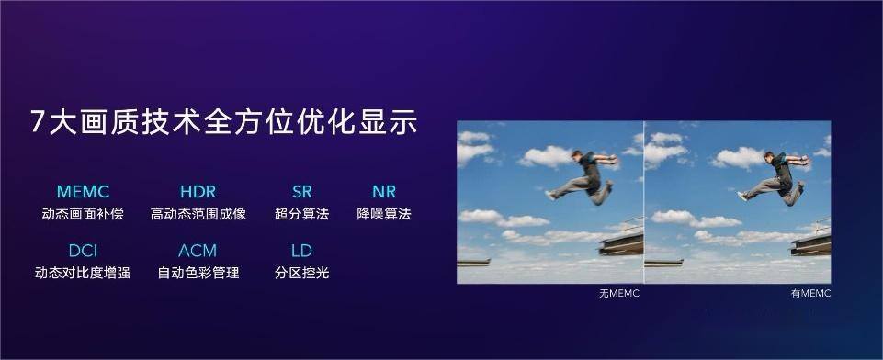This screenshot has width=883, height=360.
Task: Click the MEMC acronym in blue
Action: click(83, 192)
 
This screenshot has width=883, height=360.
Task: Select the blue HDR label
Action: click(198, 192)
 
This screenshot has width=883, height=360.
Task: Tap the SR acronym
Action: click(301, 192)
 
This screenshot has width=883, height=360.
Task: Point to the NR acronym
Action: click(384, 192)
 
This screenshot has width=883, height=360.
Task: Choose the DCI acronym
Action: click(83, 251)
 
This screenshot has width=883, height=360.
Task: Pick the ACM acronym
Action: click(198, 251)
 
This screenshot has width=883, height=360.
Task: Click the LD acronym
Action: click(301, 251)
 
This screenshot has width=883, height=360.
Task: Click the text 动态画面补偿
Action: click(83, 214)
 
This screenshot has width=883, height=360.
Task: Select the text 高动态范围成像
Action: click(198, 214)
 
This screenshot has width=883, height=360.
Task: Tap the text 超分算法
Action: click(301, 214)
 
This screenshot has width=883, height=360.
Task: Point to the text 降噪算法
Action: click(384, 214)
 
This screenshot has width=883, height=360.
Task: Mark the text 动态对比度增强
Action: click(83, 273)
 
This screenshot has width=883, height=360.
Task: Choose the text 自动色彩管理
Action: click(198, 273)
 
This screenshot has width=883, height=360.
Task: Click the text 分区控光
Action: click(301, 273)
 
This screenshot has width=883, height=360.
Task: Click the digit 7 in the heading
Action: click(38, 122)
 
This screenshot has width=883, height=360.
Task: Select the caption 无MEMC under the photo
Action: click(618, 294)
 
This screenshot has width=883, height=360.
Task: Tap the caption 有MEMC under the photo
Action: click(810, 294)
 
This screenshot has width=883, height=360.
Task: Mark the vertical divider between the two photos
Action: click(644, 201)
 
